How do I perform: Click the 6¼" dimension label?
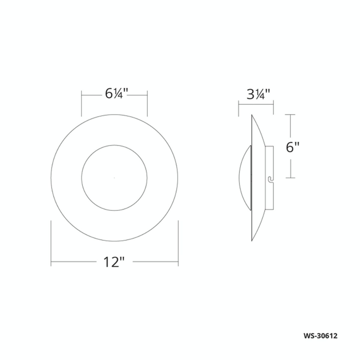114,94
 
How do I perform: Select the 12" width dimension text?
114,262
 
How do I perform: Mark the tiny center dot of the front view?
114,178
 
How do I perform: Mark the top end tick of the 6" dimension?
290,115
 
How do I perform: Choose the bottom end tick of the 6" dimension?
290,178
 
